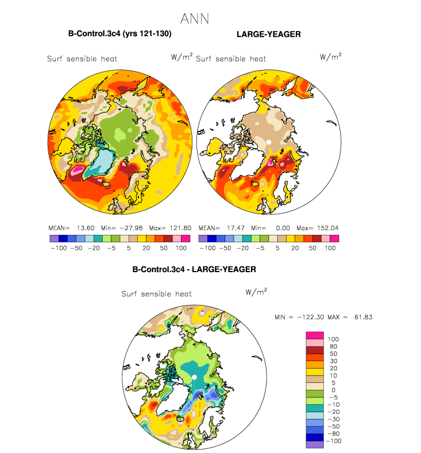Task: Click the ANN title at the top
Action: click(195, 19)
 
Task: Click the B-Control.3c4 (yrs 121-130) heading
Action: click(120, 34)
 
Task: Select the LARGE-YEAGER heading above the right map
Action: click(269, 34)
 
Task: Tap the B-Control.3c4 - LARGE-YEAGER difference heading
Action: click(194, 269)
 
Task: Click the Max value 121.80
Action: click(180, 228)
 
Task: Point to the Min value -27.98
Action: click(131, 228)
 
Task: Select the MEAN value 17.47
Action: click(236, 228)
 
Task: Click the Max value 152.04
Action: click(328, 228)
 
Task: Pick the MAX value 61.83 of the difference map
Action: click(364, 318)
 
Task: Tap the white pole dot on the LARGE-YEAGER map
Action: click(269, 142)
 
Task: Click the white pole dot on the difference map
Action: click(195, 377)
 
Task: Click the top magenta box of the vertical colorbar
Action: click(315, 335)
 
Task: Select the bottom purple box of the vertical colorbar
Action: click(315, 444)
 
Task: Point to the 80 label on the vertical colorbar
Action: click(333, 346)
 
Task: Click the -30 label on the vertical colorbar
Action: click(333, 419)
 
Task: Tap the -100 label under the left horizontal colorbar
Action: click(59, 248)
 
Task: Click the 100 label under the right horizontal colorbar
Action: click(330, 248)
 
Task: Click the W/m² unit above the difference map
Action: click(256, 292)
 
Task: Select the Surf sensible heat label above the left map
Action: click(82, 59)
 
